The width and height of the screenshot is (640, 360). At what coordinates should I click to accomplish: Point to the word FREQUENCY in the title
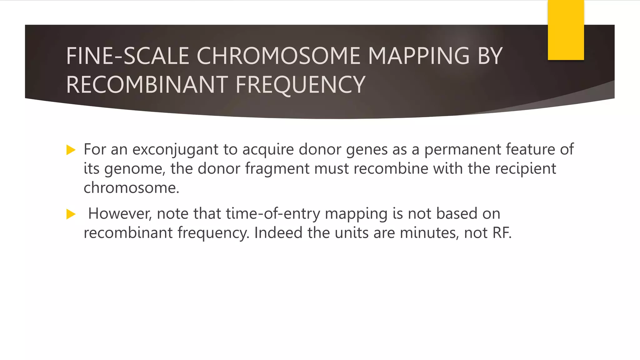pyautogui.click(x=300, y=85)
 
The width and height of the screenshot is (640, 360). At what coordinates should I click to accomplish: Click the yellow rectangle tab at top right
pyautogui.click(x=566, y=30)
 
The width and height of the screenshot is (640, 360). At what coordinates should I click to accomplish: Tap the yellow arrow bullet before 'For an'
pyautogui.click(x=71, y=150)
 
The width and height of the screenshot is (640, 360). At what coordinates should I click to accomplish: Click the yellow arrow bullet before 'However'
pyautogui.click(x=71, y=214)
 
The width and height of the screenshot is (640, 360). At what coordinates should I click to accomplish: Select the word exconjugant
pyautogui.click(x=175, y=149)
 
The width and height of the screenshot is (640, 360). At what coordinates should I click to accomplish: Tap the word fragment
pyautogui.click(x=277, y=169)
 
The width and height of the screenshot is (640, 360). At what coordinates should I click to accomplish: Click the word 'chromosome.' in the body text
pyautogui.click(x=131, y=188)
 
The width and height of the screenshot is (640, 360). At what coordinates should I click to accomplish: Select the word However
pyautogui.click(x=120, y=214)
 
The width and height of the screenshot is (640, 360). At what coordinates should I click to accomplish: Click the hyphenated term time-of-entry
pyautogui.click(x=273, y=214)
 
